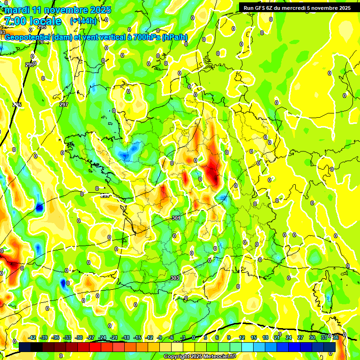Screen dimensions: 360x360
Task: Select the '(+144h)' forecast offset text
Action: [83, 21]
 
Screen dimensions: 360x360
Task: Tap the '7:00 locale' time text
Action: [32, 21]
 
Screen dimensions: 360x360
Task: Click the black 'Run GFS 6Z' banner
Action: [295, 7]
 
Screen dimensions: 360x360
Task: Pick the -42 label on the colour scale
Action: [32, 337]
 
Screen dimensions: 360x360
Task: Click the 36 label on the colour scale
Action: [336, 337]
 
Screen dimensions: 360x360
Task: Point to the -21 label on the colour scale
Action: [114, 337]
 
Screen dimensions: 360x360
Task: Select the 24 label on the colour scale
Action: [289, 337]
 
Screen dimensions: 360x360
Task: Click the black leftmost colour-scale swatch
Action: [25, 347]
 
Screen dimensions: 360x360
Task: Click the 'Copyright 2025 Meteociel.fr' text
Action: [200, 356]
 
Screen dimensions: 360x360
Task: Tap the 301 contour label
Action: [176, 218]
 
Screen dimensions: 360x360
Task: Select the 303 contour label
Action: [175, 278]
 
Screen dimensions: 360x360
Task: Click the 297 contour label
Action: [64, 105]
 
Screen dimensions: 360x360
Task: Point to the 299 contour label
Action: [105, 195]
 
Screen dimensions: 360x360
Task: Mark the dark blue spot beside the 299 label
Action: [39, 206]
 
